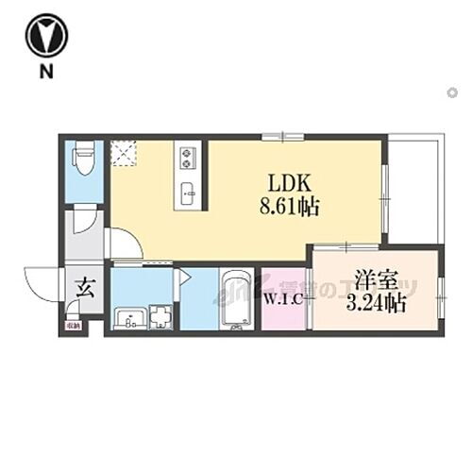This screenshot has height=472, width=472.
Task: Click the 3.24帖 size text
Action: point(376,303)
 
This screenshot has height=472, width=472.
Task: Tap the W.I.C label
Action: point(283,302)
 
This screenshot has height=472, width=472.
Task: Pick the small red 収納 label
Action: point(74,327)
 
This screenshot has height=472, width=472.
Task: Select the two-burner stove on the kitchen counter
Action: point(187,154)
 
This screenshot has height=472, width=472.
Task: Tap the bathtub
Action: point(236,300)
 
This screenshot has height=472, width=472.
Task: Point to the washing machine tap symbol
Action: point(159,317)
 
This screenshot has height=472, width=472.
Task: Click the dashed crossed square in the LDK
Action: point(123,153)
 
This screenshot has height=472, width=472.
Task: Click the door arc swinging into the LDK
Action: point(127,245)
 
